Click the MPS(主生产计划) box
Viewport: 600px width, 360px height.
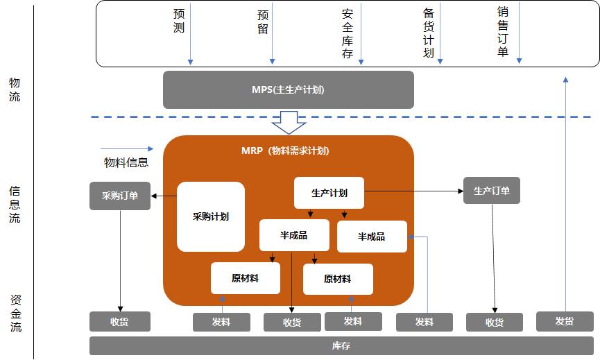pos(288,89)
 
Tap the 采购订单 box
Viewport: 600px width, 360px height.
pos(120,196)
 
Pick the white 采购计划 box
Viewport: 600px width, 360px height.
pos(211,216)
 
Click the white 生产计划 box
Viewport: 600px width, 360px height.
pos(329,193)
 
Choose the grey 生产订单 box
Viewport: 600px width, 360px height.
pos(491,191)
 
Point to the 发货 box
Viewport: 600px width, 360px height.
pos(565,321)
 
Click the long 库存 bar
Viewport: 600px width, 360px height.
pos(341,345)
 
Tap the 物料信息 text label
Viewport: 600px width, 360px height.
pos(126,163)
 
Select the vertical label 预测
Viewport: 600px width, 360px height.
pos(179,21)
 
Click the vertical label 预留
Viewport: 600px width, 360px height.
pos(262,22)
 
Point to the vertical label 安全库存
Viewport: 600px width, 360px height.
pos(348,33)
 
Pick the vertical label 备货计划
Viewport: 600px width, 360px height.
pos(429,33)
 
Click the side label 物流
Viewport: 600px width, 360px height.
pos(15,89)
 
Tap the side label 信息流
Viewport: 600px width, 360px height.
pos(15,205)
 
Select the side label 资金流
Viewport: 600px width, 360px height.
pos(15,313)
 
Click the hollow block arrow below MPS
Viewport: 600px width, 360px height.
pos(289,123)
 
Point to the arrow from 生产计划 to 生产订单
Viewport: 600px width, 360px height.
pos(414,191)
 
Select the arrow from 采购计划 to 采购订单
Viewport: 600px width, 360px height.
pos(164,196)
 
